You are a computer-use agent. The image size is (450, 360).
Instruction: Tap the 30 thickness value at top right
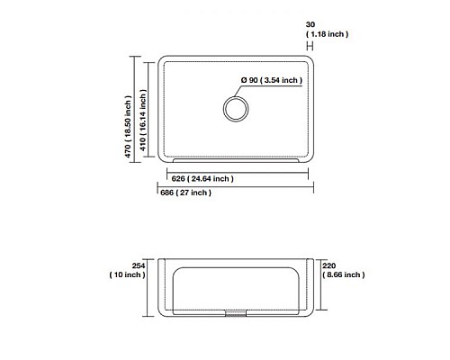[310, 24]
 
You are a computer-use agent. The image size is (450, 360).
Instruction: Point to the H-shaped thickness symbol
[310, 45]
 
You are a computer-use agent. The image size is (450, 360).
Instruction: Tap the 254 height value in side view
[139, 265]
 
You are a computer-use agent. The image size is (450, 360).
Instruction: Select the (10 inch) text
[126, 274]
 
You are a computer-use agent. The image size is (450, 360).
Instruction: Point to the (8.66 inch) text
[342, 274]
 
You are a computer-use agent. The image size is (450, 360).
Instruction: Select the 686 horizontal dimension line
[270, 187]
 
